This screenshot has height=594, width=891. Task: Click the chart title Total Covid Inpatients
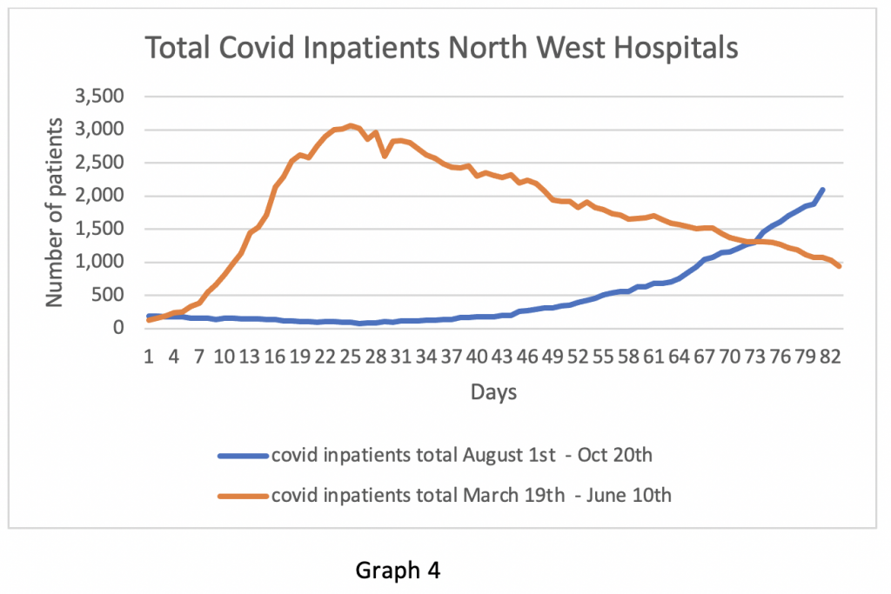[x=441, y=48]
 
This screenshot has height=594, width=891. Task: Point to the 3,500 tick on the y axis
[x=100, y=97]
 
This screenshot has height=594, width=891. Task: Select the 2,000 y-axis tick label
[x=100, y=196]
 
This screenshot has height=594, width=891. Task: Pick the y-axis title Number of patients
[x=55, y=212]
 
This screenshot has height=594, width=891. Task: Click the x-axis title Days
[x=493, y=392]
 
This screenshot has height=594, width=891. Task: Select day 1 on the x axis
[x=150, y=357]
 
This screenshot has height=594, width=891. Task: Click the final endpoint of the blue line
[x=822, y=190]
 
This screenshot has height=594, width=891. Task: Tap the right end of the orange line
[x=839, y=266]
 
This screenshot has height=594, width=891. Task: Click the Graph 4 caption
[x=398, y=571]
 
